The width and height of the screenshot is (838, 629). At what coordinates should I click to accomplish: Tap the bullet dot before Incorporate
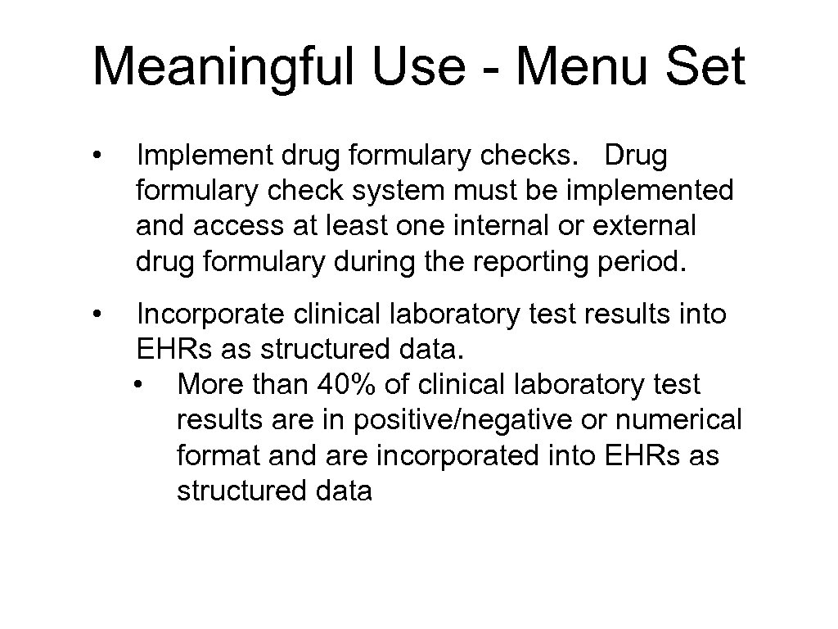pyautogui.click(x=97, y=314)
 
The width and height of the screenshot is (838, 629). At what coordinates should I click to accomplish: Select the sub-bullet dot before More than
pyautogui.click(x=142, y=385)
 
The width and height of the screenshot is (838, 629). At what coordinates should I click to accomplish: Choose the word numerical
pyautogui.click(x=678, y=420)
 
